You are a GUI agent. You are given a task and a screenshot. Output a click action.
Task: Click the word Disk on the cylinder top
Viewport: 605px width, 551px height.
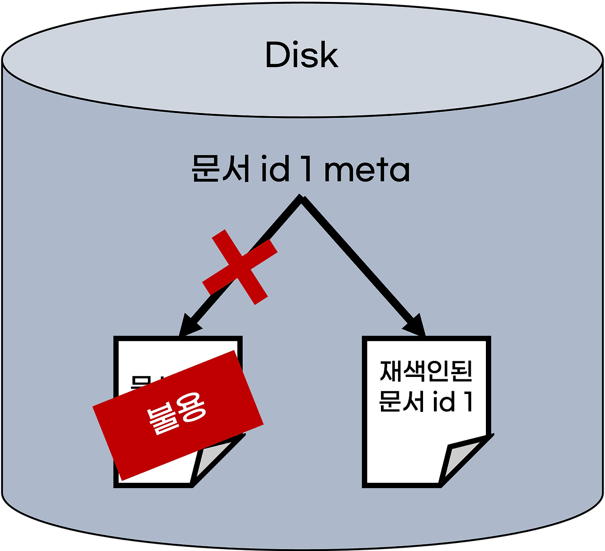tap(302, 55)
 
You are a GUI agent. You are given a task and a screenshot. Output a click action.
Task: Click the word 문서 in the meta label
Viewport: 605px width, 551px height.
tap(220, 169)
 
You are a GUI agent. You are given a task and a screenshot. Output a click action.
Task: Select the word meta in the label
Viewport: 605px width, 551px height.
tap(367, 170)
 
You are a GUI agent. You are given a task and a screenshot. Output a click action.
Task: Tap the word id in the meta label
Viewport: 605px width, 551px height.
tap(276, 168)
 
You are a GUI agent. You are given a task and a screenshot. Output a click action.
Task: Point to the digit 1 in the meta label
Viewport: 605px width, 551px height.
tap(307, 169)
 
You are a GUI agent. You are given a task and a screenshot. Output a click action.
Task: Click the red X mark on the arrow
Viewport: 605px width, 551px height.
tap(240, 267)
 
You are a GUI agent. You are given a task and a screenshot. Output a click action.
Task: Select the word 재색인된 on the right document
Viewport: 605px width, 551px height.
tap(426, 372)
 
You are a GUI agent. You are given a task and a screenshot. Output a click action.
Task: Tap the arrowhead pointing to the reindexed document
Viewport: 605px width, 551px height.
tap(417, 326)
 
